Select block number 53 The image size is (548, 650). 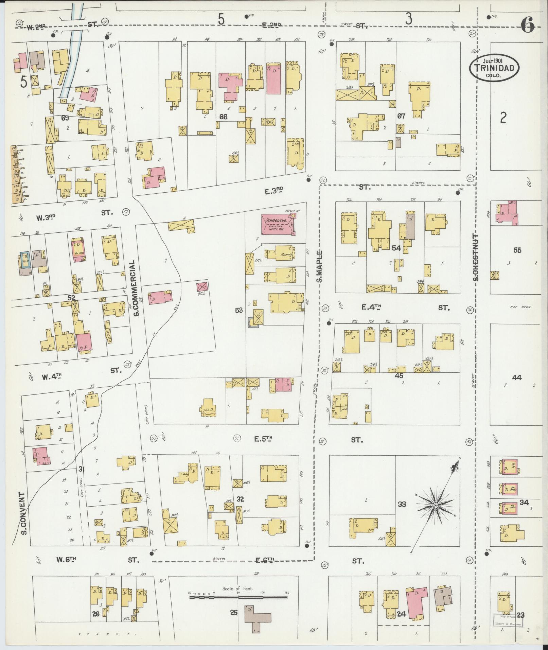click(239, 310)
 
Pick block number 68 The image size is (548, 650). click(223, 117)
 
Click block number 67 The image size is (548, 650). click(401, 116)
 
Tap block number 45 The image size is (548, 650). click(399, 376)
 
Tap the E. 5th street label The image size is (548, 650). click(264, 439)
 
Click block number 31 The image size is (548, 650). click(81, 469)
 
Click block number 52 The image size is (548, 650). click(71, 298)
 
